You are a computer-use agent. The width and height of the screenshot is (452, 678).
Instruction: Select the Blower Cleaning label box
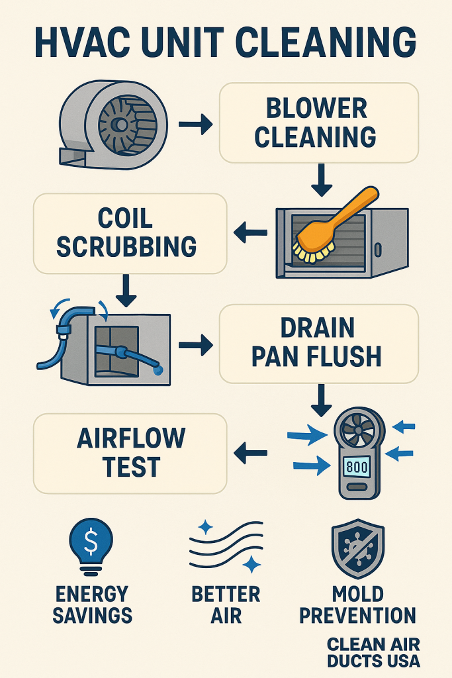tap(318, 122)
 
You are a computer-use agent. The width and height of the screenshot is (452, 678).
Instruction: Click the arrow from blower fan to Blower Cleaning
tap(195, 124)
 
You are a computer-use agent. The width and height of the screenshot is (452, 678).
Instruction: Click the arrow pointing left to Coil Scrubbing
tap(251, 232)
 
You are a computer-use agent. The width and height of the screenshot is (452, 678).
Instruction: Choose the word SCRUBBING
tap(126, 246)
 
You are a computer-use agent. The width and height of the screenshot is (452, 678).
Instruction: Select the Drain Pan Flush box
tap(318, 343)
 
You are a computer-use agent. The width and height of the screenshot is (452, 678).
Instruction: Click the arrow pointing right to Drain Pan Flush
tap(195, 344)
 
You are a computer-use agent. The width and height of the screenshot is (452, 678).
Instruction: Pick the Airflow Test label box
tap(130, 453)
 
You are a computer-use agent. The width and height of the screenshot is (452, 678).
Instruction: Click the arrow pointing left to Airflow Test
tap(251, 454)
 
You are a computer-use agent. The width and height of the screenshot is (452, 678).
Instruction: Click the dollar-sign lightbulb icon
tap(93, 546)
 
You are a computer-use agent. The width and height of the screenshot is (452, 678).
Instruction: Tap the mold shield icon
tap(358, 547)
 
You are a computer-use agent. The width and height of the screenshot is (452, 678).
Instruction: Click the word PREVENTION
tap(358, 614)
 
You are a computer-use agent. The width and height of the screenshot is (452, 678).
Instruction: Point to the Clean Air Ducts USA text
tap(373, 652)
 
